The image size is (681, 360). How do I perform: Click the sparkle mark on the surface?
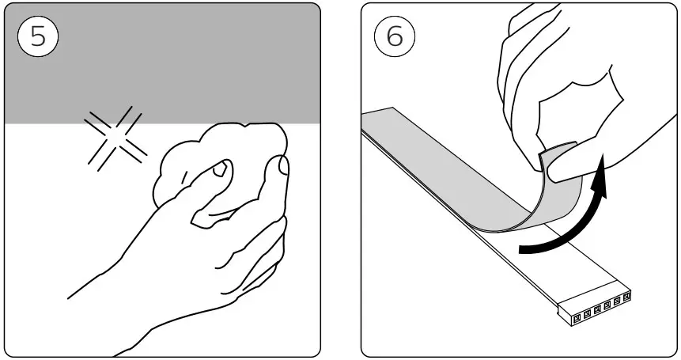coord(115,139)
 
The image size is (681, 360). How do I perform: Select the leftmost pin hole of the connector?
coord(577,316)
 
